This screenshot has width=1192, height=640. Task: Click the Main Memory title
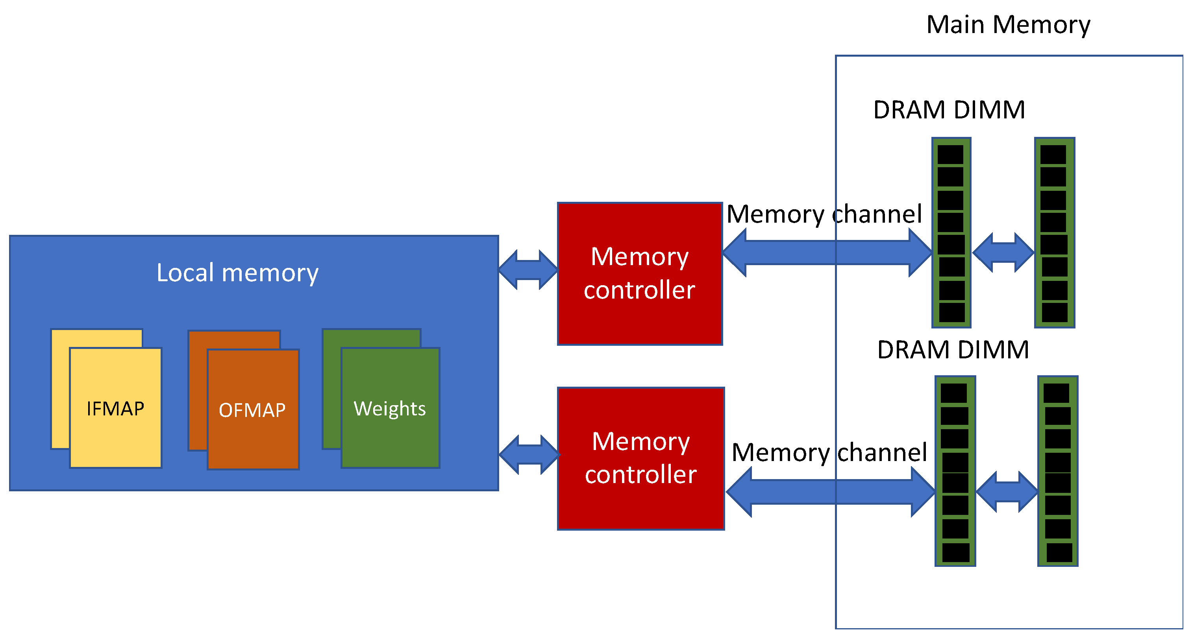[1008, 24]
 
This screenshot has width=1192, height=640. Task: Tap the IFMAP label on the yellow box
[115, 409]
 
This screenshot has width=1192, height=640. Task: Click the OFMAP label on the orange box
[252, 410]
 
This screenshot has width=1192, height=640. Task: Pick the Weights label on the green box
[390, 409]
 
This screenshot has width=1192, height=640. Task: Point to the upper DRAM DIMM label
[949, 110]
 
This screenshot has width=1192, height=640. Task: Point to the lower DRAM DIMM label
[953, 350]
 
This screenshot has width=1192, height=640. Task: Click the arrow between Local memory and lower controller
[529, 455]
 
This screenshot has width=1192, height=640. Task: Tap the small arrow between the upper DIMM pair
[1003, 253]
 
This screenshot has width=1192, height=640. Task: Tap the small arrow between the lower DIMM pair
[1007, 492]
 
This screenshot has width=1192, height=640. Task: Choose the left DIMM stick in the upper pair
[951, 232]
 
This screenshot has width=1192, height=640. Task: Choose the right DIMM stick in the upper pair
[1055, 232]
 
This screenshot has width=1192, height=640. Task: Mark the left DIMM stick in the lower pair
[955, 471]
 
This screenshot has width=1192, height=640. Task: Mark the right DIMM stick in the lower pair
[1058, 471]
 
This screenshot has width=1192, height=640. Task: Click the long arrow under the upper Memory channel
[827, 253]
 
